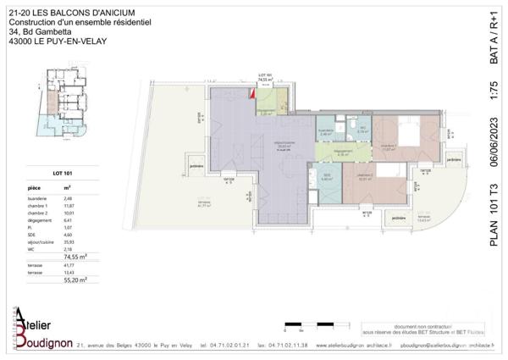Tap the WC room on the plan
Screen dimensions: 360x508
click(x=362, y=130)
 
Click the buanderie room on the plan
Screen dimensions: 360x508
click(x=326, y=131)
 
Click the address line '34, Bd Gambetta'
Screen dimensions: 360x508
click(x=38, y=32)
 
